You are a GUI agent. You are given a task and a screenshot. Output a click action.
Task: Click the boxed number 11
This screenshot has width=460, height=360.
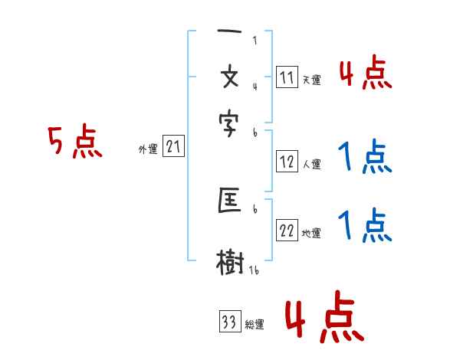287,77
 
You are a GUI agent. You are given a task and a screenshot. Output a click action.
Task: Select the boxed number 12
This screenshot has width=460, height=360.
287,162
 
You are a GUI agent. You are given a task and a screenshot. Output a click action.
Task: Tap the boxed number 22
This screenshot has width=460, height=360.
287,231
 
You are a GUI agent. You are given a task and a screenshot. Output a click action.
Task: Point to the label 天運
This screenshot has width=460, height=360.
311,80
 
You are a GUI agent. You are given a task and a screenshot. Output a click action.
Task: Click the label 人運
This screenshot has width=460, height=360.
311,164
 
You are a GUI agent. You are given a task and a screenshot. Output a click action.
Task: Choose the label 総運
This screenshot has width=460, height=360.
254,325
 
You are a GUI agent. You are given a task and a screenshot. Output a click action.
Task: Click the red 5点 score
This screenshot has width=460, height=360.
75,143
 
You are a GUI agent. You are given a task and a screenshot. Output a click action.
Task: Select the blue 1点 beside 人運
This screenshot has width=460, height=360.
364,157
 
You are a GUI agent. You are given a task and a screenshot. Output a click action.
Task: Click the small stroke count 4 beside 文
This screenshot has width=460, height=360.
255,86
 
